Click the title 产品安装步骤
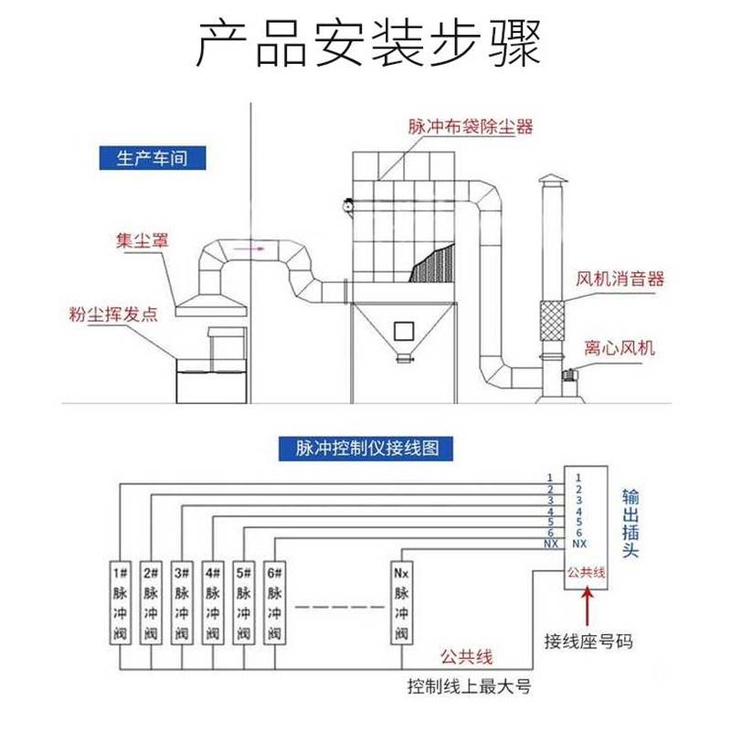[x=368, y=43]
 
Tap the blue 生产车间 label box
[x=152, y=158]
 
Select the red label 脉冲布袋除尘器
[x=471, y=127]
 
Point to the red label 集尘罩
[x=143, y=240]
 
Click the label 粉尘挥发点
[x=113, y=314]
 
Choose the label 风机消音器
[x=620, y=279]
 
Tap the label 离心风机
[x=620, y=348]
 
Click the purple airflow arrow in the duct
[x=249, y=249]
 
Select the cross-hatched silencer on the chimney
[x=552, y=321]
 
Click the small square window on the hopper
[x=404, y=332]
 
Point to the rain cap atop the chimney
[x=553, y=178]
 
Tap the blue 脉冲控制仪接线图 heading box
[x=366, y=449]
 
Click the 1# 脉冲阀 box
[x=121, y=603]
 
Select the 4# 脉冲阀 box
[x=213, y=603]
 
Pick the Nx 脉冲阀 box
[x=401, y=603]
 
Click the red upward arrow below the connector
[x=587, y=607]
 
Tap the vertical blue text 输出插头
[x=630, y=523]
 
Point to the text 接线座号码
[x=588, y=641]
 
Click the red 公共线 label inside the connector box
[x=586, y=572]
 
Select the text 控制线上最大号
[x=470, y=686]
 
